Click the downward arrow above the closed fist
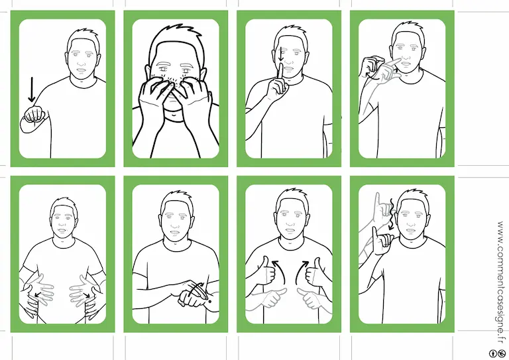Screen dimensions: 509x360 pyautogui.click(x=32, y=90)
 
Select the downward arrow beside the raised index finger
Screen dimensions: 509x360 pyautogui.click(x=281, y=54)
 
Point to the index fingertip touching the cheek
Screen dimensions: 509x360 pyautogui.click(x=398, y=60)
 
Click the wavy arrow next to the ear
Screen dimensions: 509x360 pyautogui.click(x=391, y=214)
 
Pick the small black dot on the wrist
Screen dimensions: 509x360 pyautogui.click(x=209, y=302)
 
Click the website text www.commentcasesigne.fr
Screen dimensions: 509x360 pyautogui.click(x=501, y=282)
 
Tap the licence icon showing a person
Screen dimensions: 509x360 pyautogui.click(x=493, y=353)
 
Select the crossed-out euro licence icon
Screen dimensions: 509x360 pyautogui.click(x=502, y=353)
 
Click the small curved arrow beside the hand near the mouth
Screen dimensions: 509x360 pyautogui.click(x=370, y=76)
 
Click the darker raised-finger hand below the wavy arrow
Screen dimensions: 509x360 pyautogui.click(x=382, y=241)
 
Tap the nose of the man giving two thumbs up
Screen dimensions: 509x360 pyautogui.click(x=290, y=222)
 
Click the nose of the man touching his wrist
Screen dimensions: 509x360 pyautogui.click(x=176, y=223)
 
